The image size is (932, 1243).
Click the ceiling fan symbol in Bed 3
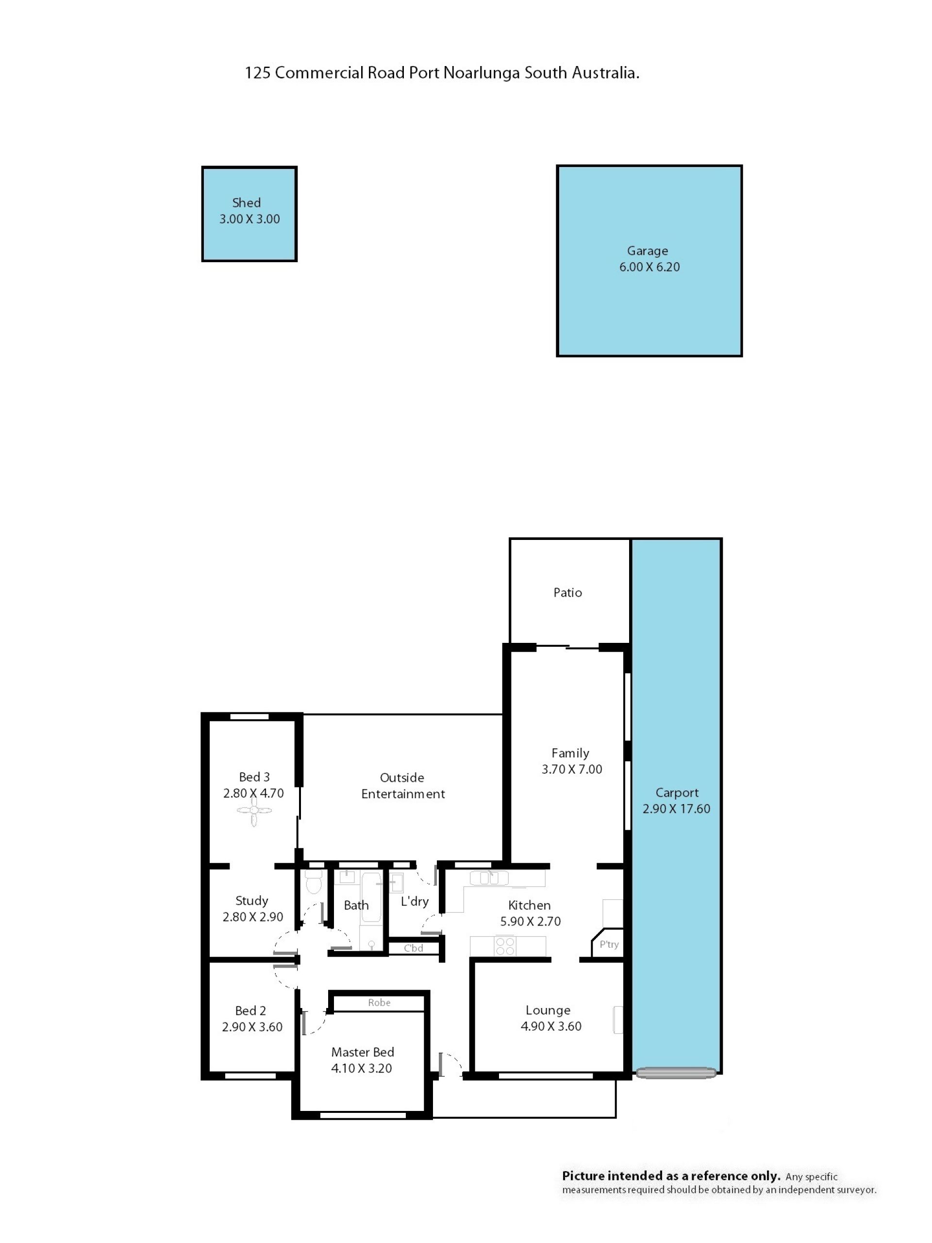(254, 810)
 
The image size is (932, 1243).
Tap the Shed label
(247, 202)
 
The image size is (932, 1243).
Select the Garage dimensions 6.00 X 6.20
(649, 267)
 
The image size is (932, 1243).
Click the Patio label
(567, 592)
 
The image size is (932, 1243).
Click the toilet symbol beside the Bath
(314, 882)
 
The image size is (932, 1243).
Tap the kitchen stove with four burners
(505, 946)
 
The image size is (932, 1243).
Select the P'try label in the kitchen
(609, 944)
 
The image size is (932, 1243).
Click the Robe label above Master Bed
(379, 1003)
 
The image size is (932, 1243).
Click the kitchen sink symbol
(489, 878)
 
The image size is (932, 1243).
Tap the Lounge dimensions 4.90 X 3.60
(551, 1026)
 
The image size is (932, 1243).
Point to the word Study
(251, 901)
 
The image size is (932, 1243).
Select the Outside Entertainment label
(403, 786)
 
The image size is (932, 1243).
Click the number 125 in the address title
(257, 73)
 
